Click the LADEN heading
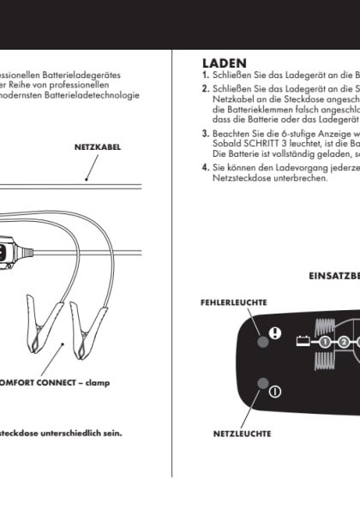(x=225, y=63)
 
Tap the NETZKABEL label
(x=98, y=147)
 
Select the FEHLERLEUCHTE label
(x=233, y=302)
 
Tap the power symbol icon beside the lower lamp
(x=274, y=392)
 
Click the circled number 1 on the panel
(x=325, y=343)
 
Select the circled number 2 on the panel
(x=344, y=343)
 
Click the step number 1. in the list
(x=205, y=75)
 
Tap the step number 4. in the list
(x=205, y=167)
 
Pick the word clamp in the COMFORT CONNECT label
(x=97, y=381)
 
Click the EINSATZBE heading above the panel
(x=333, y=276)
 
